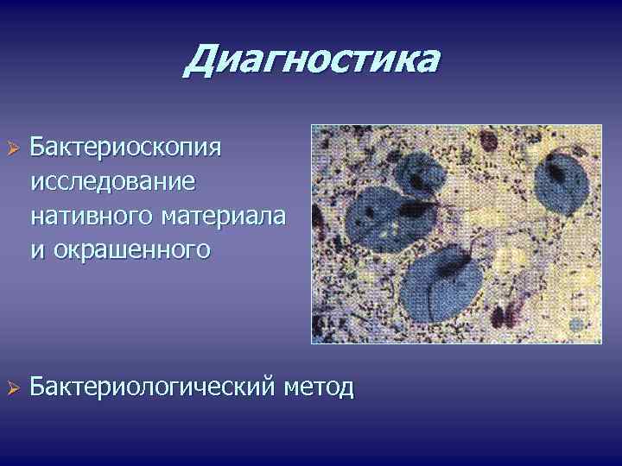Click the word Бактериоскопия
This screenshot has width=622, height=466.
point(125,146)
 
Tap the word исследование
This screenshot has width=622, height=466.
point(112,181)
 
